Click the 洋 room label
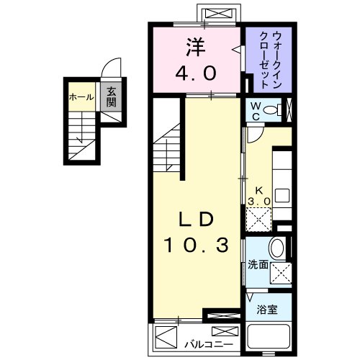196,48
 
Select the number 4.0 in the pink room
196,73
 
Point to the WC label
256,112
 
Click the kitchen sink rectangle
282,195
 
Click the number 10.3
196,246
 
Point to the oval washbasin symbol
276,249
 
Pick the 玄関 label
112,95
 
